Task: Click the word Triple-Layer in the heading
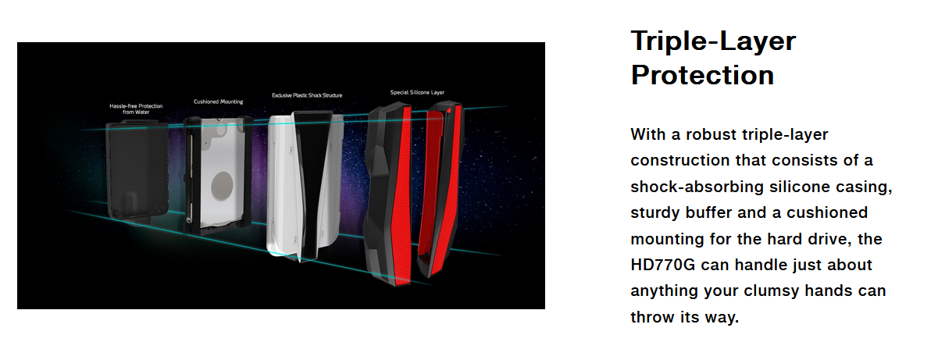pos(713,41)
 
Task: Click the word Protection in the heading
pos(702,75)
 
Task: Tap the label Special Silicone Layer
pos(417,92)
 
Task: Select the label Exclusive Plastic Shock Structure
pos(307,95)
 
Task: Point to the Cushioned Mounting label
pos(218,102)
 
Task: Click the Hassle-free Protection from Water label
pos(136,109)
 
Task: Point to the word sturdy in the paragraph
pos(655,213)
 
